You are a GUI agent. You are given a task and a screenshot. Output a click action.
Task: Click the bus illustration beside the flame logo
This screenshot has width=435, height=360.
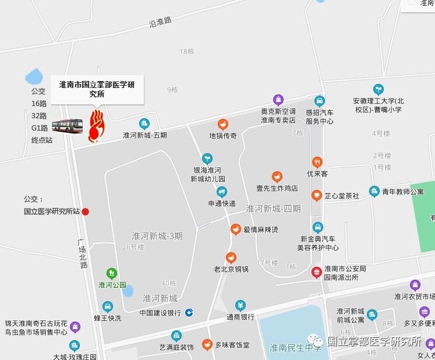tap(68, 125)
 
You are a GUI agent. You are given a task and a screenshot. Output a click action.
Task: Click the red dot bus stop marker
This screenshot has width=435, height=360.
tap(86, 211)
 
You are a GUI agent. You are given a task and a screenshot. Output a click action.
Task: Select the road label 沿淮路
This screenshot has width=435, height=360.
tap(160, 22)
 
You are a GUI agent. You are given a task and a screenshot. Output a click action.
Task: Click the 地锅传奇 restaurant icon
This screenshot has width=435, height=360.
tap(222, 123)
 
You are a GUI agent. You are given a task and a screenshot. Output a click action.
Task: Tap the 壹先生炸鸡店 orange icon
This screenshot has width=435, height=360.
tap(277, 177)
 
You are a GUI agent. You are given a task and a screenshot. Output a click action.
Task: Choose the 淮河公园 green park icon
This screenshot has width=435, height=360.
tap(112, 273)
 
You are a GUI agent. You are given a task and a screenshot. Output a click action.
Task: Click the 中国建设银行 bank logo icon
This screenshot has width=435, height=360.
tap(189, 313)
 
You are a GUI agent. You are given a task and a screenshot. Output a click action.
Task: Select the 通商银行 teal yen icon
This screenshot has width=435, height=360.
tap(241, 305)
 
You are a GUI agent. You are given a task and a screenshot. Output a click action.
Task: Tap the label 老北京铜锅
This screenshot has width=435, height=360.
tap(231, 269)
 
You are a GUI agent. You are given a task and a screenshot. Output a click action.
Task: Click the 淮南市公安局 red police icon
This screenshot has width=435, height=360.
tap(316, 271)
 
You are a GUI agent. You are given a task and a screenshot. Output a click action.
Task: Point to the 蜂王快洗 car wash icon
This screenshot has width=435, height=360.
tap(107, 306)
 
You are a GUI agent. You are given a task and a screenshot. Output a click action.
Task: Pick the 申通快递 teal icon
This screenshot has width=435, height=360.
tap(222, 192)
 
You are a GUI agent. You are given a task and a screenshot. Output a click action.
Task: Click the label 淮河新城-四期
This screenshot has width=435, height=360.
tap(273, 208)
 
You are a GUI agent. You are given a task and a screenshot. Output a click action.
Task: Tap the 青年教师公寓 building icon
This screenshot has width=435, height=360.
tap(374, 191)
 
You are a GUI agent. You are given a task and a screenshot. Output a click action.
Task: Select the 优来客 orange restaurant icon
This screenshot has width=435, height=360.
tap(317, 162)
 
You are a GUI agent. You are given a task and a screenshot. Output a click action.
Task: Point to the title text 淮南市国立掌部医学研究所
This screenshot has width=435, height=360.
tap(97, 89)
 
